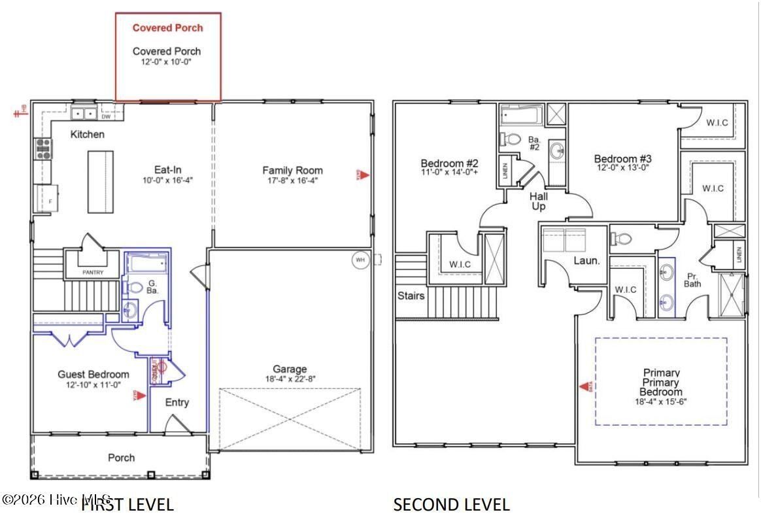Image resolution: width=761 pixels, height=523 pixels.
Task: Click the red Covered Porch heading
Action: point(167,28)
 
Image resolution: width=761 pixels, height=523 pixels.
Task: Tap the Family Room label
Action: point(292,171)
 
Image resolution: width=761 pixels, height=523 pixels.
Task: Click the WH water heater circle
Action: point(360,260)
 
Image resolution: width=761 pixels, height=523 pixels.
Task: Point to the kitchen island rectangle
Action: point(100,181)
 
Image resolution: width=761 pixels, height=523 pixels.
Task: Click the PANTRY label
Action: point(93,272)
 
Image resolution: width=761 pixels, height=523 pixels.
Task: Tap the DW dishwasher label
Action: point(105,117)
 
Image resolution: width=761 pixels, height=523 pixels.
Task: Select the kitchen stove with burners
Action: point(43,150)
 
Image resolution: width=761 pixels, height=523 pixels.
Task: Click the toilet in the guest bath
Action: point(135,287)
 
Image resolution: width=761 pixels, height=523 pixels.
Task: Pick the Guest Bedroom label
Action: point(93,375)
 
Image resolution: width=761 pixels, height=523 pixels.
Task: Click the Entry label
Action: point(177,402)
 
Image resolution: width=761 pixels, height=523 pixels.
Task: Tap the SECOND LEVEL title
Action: point(451,505)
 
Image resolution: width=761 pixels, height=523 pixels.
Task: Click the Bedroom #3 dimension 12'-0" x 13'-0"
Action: point(622,167)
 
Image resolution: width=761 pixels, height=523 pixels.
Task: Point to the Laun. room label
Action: point(586,260)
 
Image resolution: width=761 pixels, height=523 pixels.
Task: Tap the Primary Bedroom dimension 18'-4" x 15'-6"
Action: point(660,401)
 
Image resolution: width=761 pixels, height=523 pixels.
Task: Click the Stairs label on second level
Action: point(411,295)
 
